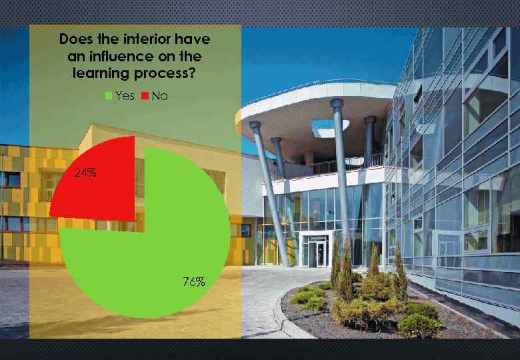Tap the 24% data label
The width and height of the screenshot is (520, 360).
85,173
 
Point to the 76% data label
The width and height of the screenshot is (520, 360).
193,282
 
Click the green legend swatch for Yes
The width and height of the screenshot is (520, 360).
109,97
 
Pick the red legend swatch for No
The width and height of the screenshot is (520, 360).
145,97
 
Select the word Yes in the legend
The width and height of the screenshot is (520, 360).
125,97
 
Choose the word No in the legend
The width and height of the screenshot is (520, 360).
159,97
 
